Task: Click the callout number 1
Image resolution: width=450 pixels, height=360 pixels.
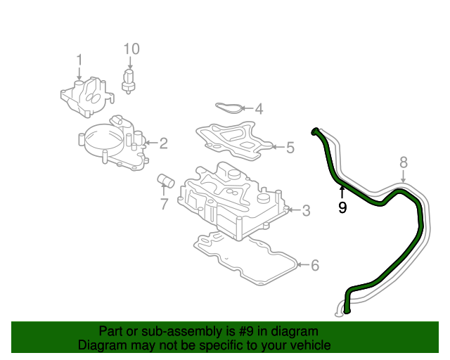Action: [x=79, y=59]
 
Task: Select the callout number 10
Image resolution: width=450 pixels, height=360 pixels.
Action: [x=131, y=49]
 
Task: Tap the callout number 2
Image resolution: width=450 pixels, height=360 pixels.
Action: [x=163, y=144]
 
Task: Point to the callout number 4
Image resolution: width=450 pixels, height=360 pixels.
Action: [x=259, y=109]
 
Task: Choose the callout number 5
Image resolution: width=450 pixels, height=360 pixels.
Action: [x=290, y=148]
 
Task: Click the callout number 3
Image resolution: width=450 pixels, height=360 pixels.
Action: [x=306, y=210]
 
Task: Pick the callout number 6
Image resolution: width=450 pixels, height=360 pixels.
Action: [x=315, y=265]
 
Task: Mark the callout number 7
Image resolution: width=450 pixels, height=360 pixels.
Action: [x=164, y=204]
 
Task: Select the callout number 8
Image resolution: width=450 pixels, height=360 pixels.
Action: [x=404, y=163]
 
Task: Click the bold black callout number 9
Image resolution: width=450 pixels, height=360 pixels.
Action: [x=342, y=207]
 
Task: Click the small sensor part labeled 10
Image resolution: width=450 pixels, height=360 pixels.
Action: [x=129, y=79]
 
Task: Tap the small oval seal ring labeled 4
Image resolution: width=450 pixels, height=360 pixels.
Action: [x=225, y=108]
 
